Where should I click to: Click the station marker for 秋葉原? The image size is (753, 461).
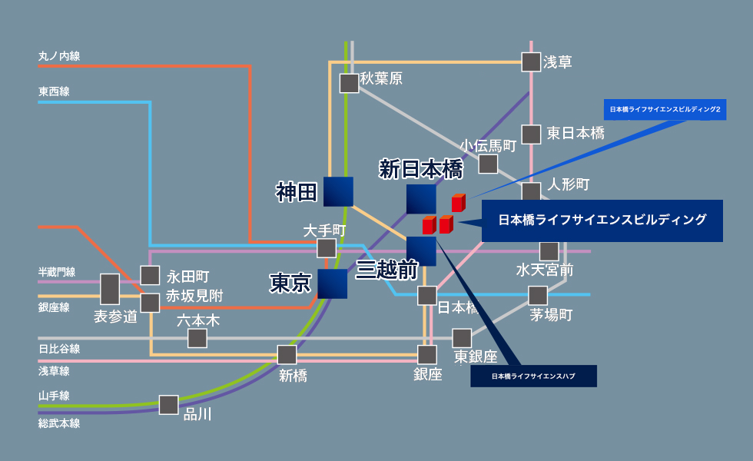click(349, 83)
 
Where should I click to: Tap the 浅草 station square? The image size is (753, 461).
click(531, 61)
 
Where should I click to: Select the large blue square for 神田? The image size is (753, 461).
click(338, 192)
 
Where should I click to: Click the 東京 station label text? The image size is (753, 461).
click(290, 284)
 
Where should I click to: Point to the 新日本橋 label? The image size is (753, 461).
click(421, 169)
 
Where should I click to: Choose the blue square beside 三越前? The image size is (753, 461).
click(421, 251)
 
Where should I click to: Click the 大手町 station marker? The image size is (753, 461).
click(327, 248)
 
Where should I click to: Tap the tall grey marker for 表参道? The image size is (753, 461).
click(110, 289)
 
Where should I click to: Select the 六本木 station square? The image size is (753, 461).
click(197, 338)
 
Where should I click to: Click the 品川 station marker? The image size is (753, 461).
click(169, 405)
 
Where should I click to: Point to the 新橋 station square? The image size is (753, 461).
click(287, 354)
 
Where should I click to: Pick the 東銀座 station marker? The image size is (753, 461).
click(462, 338)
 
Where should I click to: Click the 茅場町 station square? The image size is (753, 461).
click(538, 295)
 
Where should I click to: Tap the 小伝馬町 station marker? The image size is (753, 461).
click(488, 164)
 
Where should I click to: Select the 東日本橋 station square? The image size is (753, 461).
click(531, 134)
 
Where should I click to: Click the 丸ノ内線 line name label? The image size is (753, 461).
click(59, 56)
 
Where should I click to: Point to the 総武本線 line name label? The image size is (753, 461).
click(59, 423)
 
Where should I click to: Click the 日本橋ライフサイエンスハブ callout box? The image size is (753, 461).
click(533, 376)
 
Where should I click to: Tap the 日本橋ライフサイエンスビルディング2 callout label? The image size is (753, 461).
click(665, 110)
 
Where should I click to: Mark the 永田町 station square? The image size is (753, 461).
click(150, 275)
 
